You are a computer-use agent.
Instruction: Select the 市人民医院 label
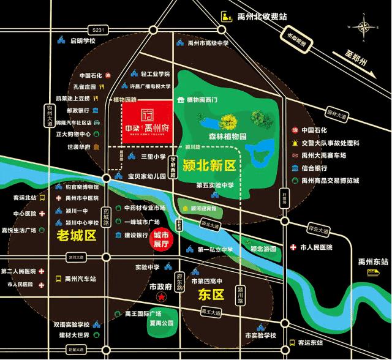tap(316, 247)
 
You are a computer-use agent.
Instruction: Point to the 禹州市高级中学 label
tap(208, 43)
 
